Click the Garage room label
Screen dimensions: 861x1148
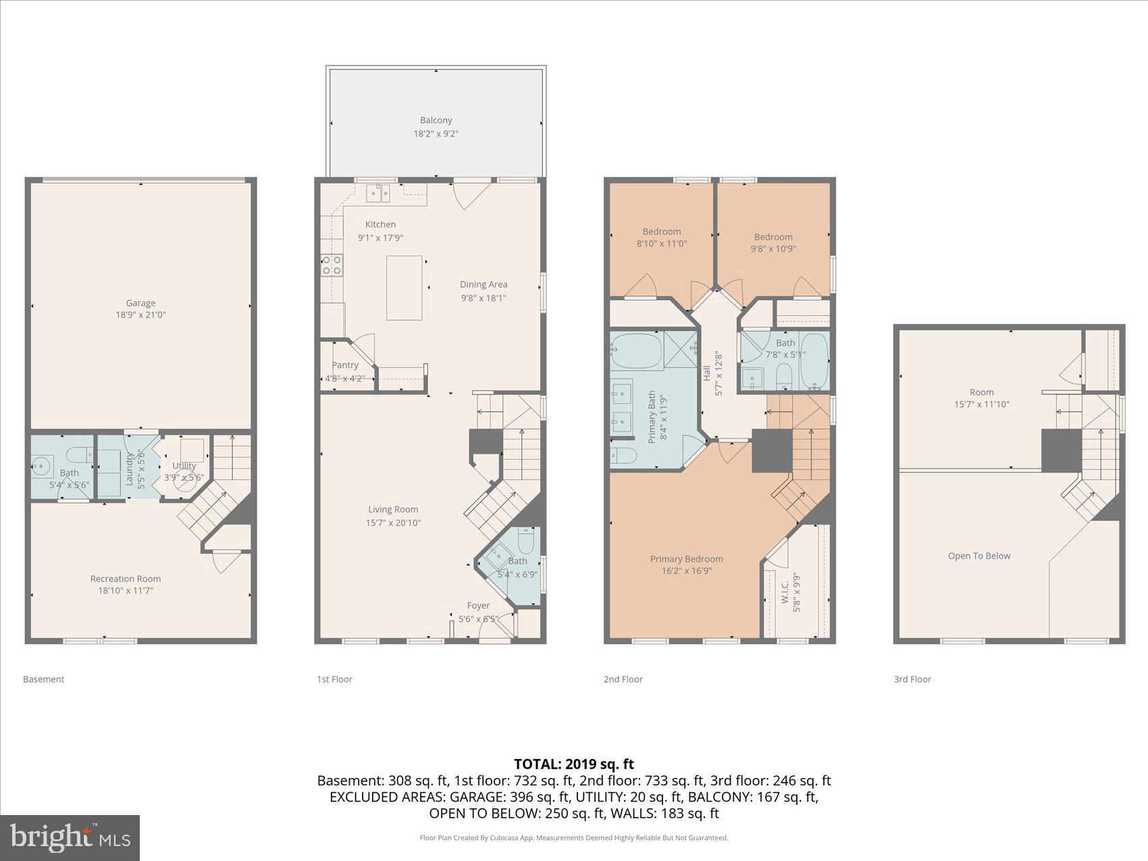click(140, 303)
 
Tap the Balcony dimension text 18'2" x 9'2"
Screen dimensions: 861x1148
click(436, 134)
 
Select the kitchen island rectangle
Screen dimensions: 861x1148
click(404, 288)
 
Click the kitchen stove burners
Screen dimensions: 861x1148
click(332, 265)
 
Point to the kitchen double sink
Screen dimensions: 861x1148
click(379, 194)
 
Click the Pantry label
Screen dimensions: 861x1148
click(345, 365)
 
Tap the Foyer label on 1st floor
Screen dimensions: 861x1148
click(478, 606)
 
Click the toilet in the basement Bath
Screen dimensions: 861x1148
click(79, 453)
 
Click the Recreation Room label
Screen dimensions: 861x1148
click(126, 579)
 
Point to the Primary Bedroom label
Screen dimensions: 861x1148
click(686, 559)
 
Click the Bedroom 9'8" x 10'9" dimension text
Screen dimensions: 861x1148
click(773, 249)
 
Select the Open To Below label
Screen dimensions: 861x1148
click(979, 556)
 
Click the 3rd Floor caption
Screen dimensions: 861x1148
click(912, 679)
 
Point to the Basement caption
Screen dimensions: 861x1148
click(43, 679)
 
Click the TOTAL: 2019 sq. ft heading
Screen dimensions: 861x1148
click(573, 764)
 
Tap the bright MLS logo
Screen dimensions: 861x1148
click(70, 838)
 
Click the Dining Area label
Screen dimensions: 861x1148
click(484, 284)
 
